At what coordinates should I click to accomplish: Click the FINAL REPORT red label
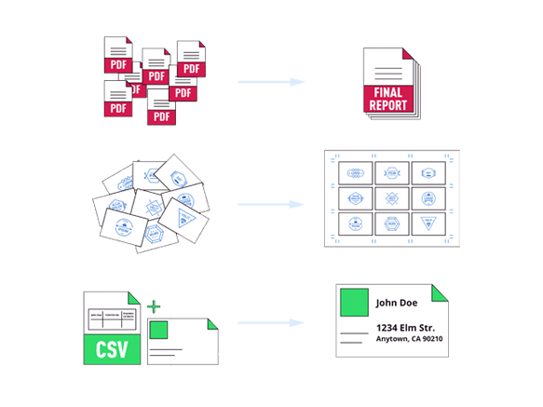tap(387, 99)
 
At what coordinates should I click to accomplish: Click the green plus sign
tap(154, 306)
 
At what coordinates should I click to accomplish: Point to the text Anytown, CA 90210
tap(409, 339)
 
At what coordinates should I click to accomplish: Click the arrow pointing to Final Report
tap(272, 82)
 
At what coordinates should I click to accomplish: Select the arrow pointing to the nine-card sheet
tap(272, 203)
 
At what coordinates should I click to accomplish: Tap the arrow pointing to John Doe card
tap(272, 324)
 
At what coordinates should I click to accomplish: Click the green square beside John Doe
tap(353, 302)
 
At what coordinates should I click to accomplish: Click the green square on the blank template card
tap(158, 330)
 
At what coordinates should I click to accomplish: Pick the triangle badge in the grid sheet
tap(428, 223)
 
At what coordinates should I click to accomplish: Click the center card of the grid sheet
tap(392, 197)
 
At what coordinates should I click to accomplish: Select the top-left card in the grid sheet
tap(356, 172)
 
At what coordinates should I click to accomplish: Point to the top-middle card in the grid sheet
tap(392, 172)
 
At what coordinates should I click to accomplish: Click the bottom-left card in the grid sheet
tap(356, 223)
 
